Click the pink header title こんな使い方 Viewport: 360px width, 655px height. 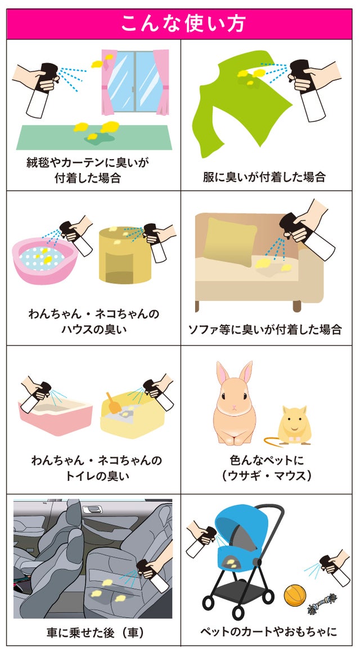coord(183,24)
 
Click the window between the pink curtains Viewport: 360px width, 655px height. coord(134,82)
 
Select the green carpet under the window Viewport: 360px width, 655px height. coord(94,137)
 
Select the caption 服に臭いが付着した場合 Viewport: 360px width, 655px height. coord(264,177)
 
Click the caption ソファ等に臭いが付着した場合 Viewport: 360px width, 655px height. coord(265,329)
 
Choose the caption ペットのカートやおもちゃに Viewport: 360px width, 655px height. coord(268,631)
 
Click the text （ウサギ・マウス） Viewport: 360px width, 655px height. coord(266,476)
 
